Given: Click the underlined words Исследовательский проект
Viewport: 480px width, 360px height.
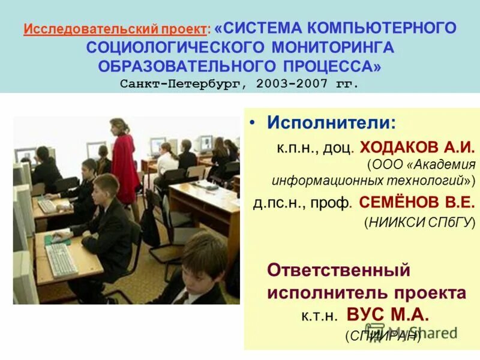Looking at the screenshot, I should click(116, 29).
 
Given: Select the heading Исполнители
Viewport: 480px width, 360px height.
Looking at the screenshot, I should click(331, 123).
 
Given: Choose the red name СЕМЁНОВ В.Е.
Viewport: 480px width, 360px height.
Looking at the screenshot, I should click(417, 203).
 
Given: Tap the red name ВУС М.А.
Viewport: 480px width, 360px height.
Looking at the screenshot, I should click(390, 315).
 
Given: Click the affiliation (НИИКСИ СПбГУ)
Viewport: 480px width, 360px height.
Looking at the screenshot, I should click(419, 223).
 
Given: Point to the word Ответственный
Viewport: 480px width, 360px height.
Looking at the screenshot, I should click(338, 270).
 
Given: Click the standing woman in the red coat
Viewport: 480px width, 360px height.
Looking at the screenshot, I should click(125, 162).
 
